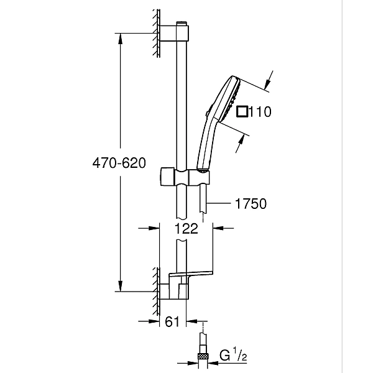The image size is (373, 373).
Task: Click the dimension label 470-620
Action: click(119, 163)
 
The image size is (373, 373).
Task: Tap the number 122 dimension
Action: click(186, 228)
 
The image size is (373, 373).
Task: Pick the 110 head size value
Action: click(260, 112)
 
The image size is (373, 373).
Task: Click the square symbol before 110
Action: click(242, 112)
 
